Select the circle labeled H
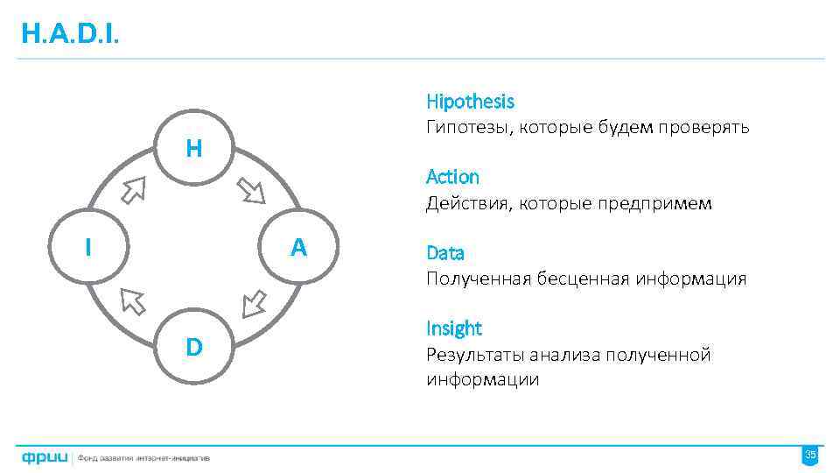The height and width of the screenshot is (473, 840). pos(194,148)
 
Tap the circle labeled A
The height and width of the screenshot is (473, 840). pos(298,248)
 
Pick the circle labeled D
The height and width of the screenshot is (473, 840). pos(194,347)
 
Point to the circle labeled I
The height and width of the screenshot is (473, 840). pos(87,248)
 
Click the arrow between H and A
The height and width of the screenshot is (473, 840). pos(251,190)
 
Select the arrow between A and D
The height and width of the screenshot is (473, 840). pos(253,303)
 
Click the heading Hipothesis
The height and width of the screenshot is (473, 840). pos(470,102)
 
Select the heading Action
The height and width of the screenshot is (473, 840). pos(452,177)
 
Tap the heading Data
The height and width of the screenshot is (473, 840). pos(444,253)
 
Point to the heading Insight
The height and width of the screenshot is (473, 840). pos(453,328)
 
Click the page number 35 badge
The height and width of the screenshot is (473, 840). pos(810,455)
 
